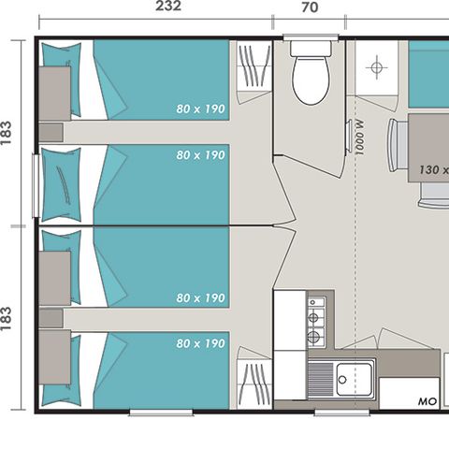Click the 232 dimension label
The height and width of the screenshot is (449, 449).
pos(167,7)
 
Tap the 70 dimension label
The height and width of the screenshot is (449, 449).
pos(310,7)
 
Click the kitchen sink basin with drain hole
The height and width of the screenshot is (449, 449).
pos(355,379)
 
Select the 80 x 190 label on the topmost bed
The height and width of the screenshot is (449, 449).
pos(200,109)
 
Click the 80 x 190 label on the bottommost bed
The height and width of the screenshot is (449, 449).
pos(200,344)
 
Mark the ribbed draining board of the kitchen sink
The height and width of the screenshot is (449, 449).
pos(320,379)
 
